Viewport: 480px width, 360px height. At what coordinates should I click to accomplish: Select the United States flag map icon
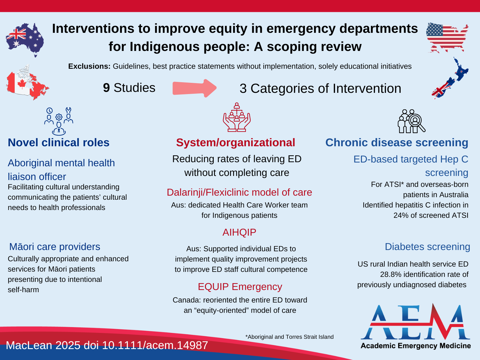(447, 37)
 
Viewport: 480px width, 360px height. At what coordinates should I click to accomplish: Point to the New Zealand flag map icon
(450, 78)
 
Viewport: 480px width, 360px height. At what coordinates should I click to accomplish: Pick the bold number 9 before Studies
(106, 88)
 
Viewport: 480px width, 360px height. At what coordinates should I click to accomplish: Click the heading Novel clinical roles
(59, 142)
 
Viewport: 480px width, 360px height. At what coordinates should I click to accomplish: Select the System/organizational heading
(236, 142)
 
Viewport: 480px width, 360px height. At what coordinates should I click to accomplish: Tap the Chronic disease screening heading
(397, 142)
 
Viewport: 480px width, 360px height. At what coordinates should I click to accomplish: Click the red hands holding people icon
(237, 117)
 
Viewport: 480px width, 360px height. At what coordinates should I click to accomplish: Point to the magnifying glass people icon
(411, 121)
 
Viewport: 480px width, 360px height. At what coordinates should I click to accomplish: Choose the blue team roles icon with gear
(59, 121)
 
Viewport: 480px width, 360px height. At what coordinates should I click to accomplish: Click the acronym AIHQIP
(239, 232)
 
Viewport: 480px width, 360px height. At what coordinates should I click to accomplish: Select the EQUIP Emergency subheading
(240, 287)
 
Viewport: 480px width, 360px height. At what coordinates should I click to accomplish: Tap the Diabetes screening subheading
(427, 247)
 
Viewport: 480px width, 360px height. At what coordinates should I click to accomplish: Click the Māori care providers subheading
(55, 247)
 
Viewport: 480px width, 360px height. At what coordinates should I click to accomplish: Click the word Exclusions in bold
(89, 66)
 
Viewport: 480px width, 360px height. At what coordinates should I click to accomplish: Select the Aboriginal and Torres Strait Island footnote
(290, 337)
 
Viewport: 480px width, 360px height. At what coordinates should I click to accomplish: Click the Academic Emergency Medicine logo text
(416, 346)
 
